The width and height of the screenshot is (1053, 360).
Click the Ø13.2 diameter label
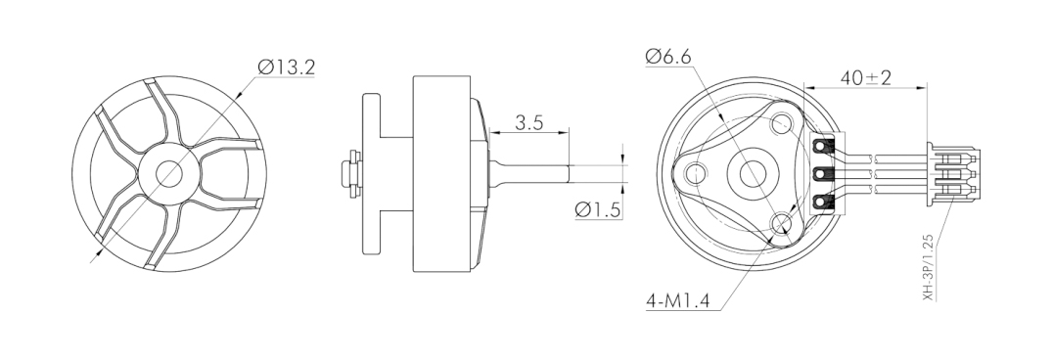point(286,67)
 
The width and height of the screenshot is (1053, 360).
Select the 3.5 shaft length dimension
point(529,123)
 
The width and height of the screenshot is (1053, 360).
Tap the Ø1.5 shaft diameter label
point(598,209)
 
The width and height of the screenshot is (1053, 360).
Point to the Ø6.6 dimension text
point(668,57)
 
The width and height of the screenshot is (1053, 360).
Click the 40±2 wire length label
point(866,78)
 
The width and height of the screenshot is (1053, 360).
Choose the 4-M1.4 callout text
point(677,301)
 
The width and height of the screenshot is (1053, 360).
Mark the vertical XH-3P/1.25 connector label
point(928,267)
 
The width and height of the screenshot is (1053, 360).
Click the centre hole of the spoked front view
point(168,174)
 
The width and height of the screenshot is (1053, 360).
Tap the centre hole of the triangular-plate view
point(753,174)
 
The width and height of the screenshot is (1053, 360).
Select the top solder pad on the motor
point(820,145)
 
